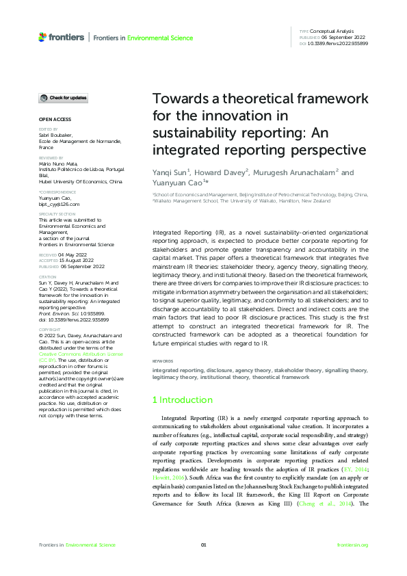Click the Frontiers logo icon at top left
[43, 37]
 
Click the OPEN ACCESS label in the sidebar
[52, 119]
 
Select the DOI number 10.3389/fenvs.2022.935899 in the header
[339, 43]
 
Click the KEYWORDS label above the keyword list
[162, 361]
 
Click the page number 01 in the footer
[203, 545]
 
